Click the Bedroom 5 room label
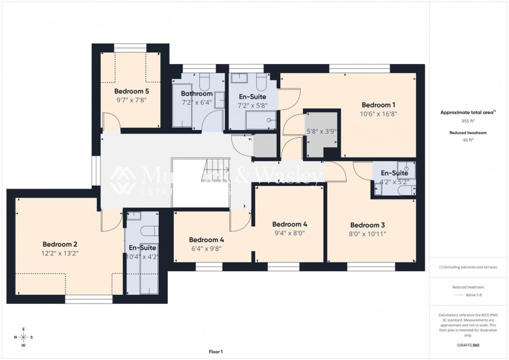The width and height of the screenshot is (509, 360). [x=131, y=92]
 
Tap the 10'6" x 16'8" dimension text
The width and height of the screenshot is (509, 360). [x=378, y=113]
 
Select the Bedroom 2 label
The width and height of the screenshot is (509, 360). [x=60, y=244]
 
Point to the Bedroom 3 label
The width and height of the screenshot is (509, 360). [x=368, y=225]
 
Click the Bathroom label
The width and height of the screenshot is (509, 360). [x=197, y=94]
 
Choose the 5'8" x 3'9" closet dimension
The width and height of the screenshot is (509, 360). [x=321, y=131]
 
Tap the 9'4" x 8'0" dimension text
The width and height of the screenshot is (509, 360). [x=290, y=234]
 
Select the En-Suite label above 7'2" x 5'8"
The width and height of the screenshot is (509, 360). [x=253, y=96]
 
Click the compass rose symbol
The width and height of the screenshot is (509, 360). [x=23, y=337]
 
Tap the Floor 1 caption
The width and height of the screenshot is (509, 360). [x=215, y=352]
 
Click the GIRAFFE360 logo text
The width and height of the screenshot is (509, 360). [x=468, y=345]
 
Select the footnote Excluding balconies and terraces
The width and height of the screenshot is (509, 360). [x=468, y=267]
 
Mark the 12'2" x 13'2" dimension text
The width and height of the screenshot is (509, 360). [x=60, y=253]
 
